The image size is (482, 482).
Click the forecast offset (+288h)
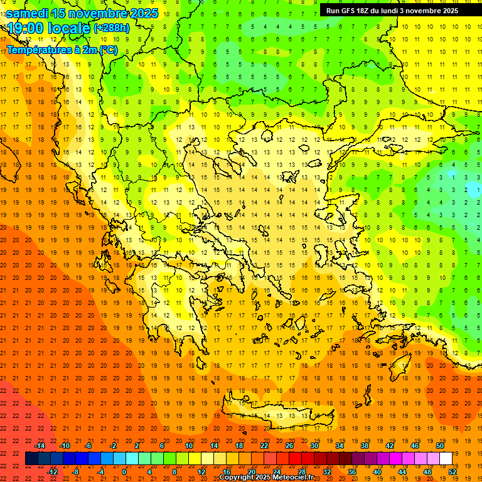[112, 28]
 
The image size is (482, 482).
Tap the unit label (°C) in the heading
[107, 50]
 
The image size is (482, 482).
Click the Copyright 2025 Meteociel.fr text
[266, 477]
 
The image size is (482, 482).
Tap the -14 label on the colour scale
[40, 446]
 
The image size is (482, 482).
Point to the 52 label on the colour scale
[453, 472]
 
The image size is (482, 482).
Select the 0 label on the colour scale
[124, 472]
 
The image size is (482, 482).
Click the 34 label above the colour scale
[340, 446]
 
